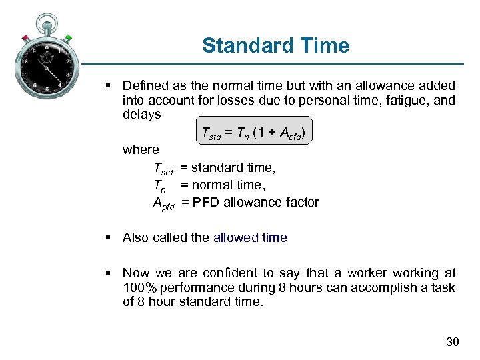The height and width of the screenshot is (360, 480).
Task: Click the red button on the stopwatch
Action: click(26, 37)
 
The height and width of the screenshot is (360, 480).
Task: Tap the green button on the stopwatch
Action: click(68, 38)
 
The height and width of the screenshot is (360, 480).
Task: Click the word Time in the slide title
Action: click(325, 46)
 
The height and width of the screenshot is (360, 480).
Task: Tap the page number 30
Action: click(452, 342)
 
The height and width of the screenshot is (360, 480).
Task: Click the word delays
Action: click(141, 115)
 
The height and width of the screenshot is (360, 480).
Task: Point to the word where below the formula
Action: click(141, 150)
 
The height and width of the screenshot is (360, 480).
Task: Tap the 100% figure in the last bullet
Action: click(141, 287)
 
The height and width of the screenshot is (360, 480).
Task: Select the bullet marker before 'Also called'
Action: click(108, 237)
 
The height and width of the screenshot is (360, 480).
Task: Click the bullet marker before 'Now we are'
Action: click(108, 273)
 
